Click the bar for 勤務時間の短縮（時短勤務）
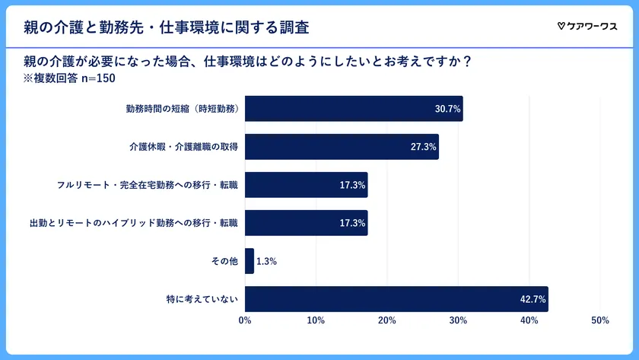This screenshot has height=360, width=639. click(354, 109)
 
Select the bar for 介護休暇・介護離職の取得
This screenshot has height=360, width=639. click(342, 147)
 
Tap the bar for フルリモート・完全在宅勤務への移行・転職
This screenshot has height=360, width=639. click(306, 185)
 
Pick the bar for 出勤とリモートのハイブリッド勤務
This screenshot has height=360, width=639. click(306, 223)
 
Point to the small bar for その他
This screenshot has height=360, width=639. click(250, 261)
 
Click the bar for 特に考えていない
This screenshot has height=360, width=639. click(396, 299)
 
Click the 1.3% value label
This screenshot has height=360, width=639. click(266, 262)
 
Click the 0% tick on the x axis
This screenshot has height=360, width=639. click(245, 321)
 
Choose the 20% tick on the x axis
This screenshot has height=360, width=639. click(386, 321)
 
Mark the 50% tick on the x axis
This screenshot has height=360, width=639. click(599, 321)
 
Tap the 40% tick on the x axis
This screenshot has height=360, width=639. click(529, 321)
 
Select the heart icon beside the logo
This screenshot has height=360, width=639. click(561, 27)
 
